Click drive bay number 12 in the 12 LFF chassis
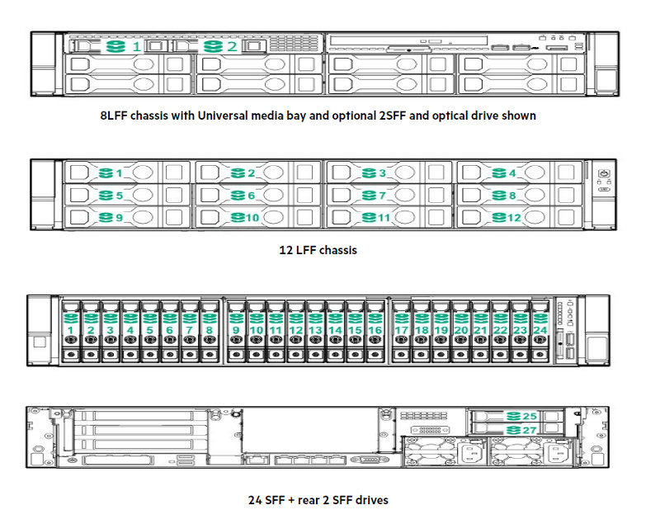tap(521, 217)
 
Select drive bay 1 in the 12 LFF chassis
tap(129, 173)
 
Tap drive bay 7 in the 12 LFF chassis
tap(391, 196)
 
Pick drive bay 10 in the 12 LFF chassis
tap(259, 217)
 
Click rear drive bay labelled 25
tap(511, 417)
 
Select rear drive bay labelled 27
tap(511, 430)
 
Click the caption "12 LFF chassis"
tap(318, 249)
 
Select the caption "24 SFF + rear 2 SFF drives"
tap(318, 499)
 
